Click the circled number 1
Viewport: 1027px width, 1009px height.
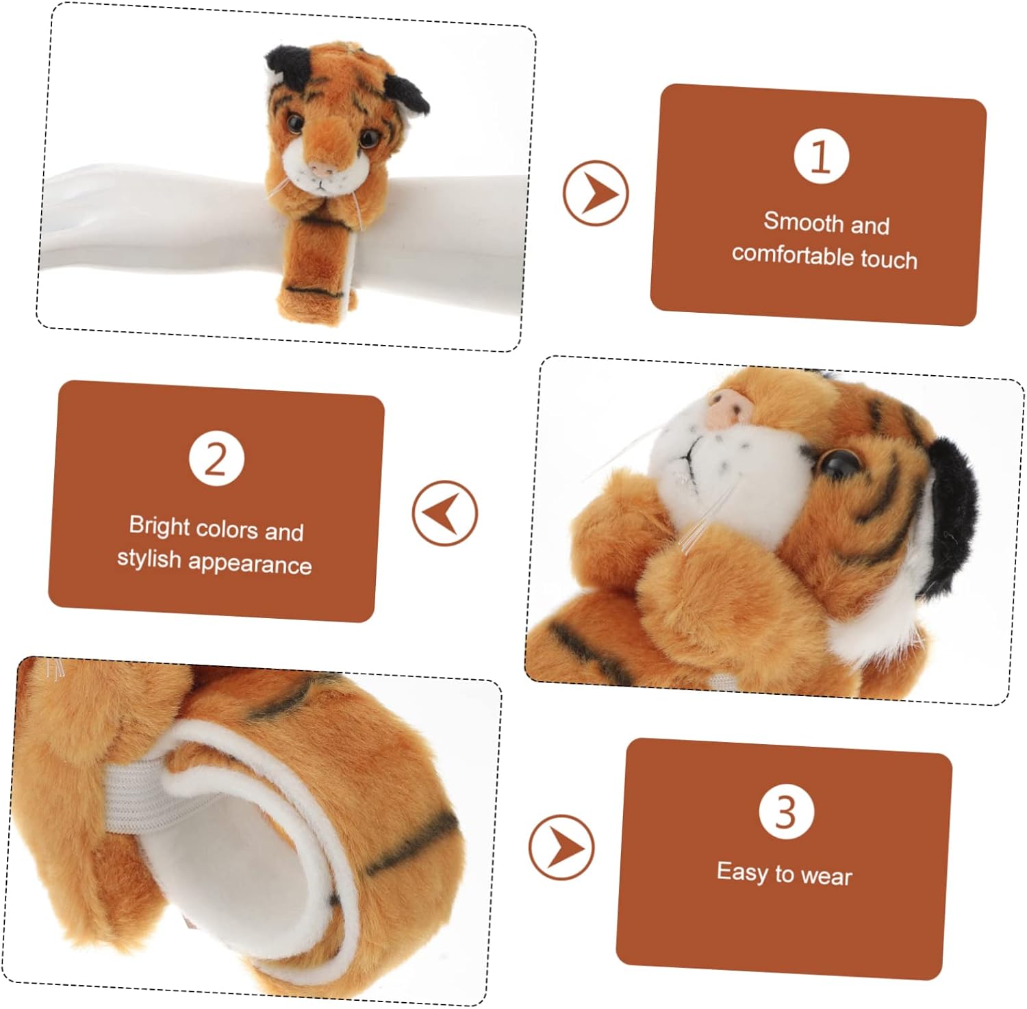[x=821, y=156]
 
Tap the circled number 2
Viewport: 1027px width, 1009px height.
[x=216, y=459]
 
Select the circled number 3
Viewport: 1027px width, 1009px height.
[x=786, y=811]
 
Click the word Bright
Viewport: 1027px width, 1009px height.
[x=159, y=526]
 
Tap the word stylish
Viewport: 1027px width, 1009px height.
[x=149, y=558]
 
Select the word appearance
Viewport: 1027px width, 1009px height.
[x=250, y=563]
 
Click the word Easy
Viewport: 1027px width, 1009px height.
[x=742, y=871]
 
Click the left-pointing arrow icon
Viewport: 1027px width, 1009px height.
[x=445, y=513]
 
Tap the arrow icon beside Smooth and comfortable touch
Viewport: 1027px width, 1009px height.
[x=596, y=193]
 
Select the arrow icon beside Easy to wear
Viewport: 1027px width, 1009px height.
[x=561, y=847]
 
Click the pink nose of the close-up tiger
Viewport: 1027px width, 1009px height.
[x=730, y=407]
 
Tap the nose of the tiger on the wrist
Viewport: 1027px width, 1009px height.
[x=318, y=168]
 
